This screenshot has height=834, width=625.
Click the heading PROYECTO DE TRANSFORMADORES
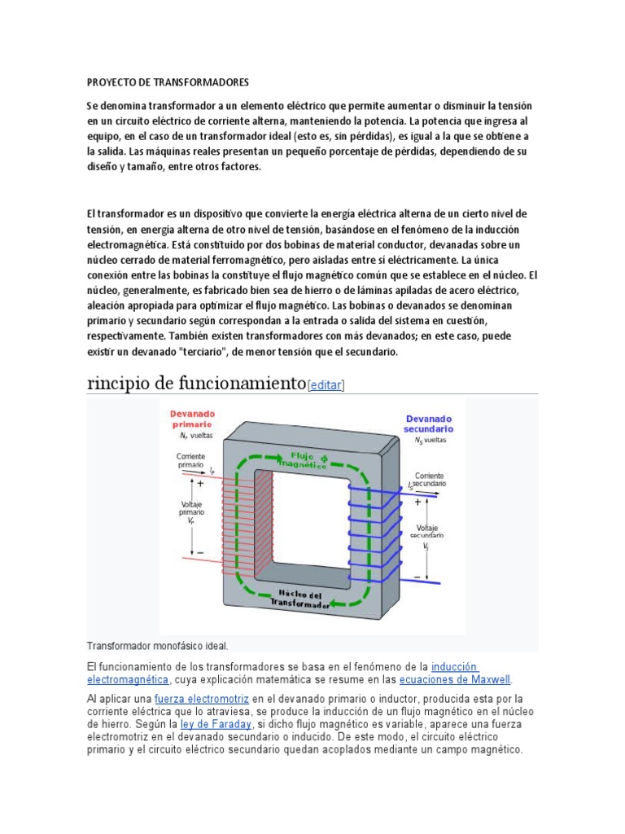167,83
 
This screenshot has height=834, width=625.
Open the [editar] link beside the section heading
326,385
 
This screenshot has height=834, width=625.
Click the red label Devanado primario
192,419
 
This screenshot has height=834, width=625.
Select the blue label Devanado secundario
429,424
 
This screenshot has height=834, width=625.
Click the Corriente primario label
191,462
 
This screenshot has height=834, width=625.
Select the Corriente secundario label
429,480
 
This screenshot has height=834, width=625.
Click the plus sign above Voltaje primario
200,483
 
